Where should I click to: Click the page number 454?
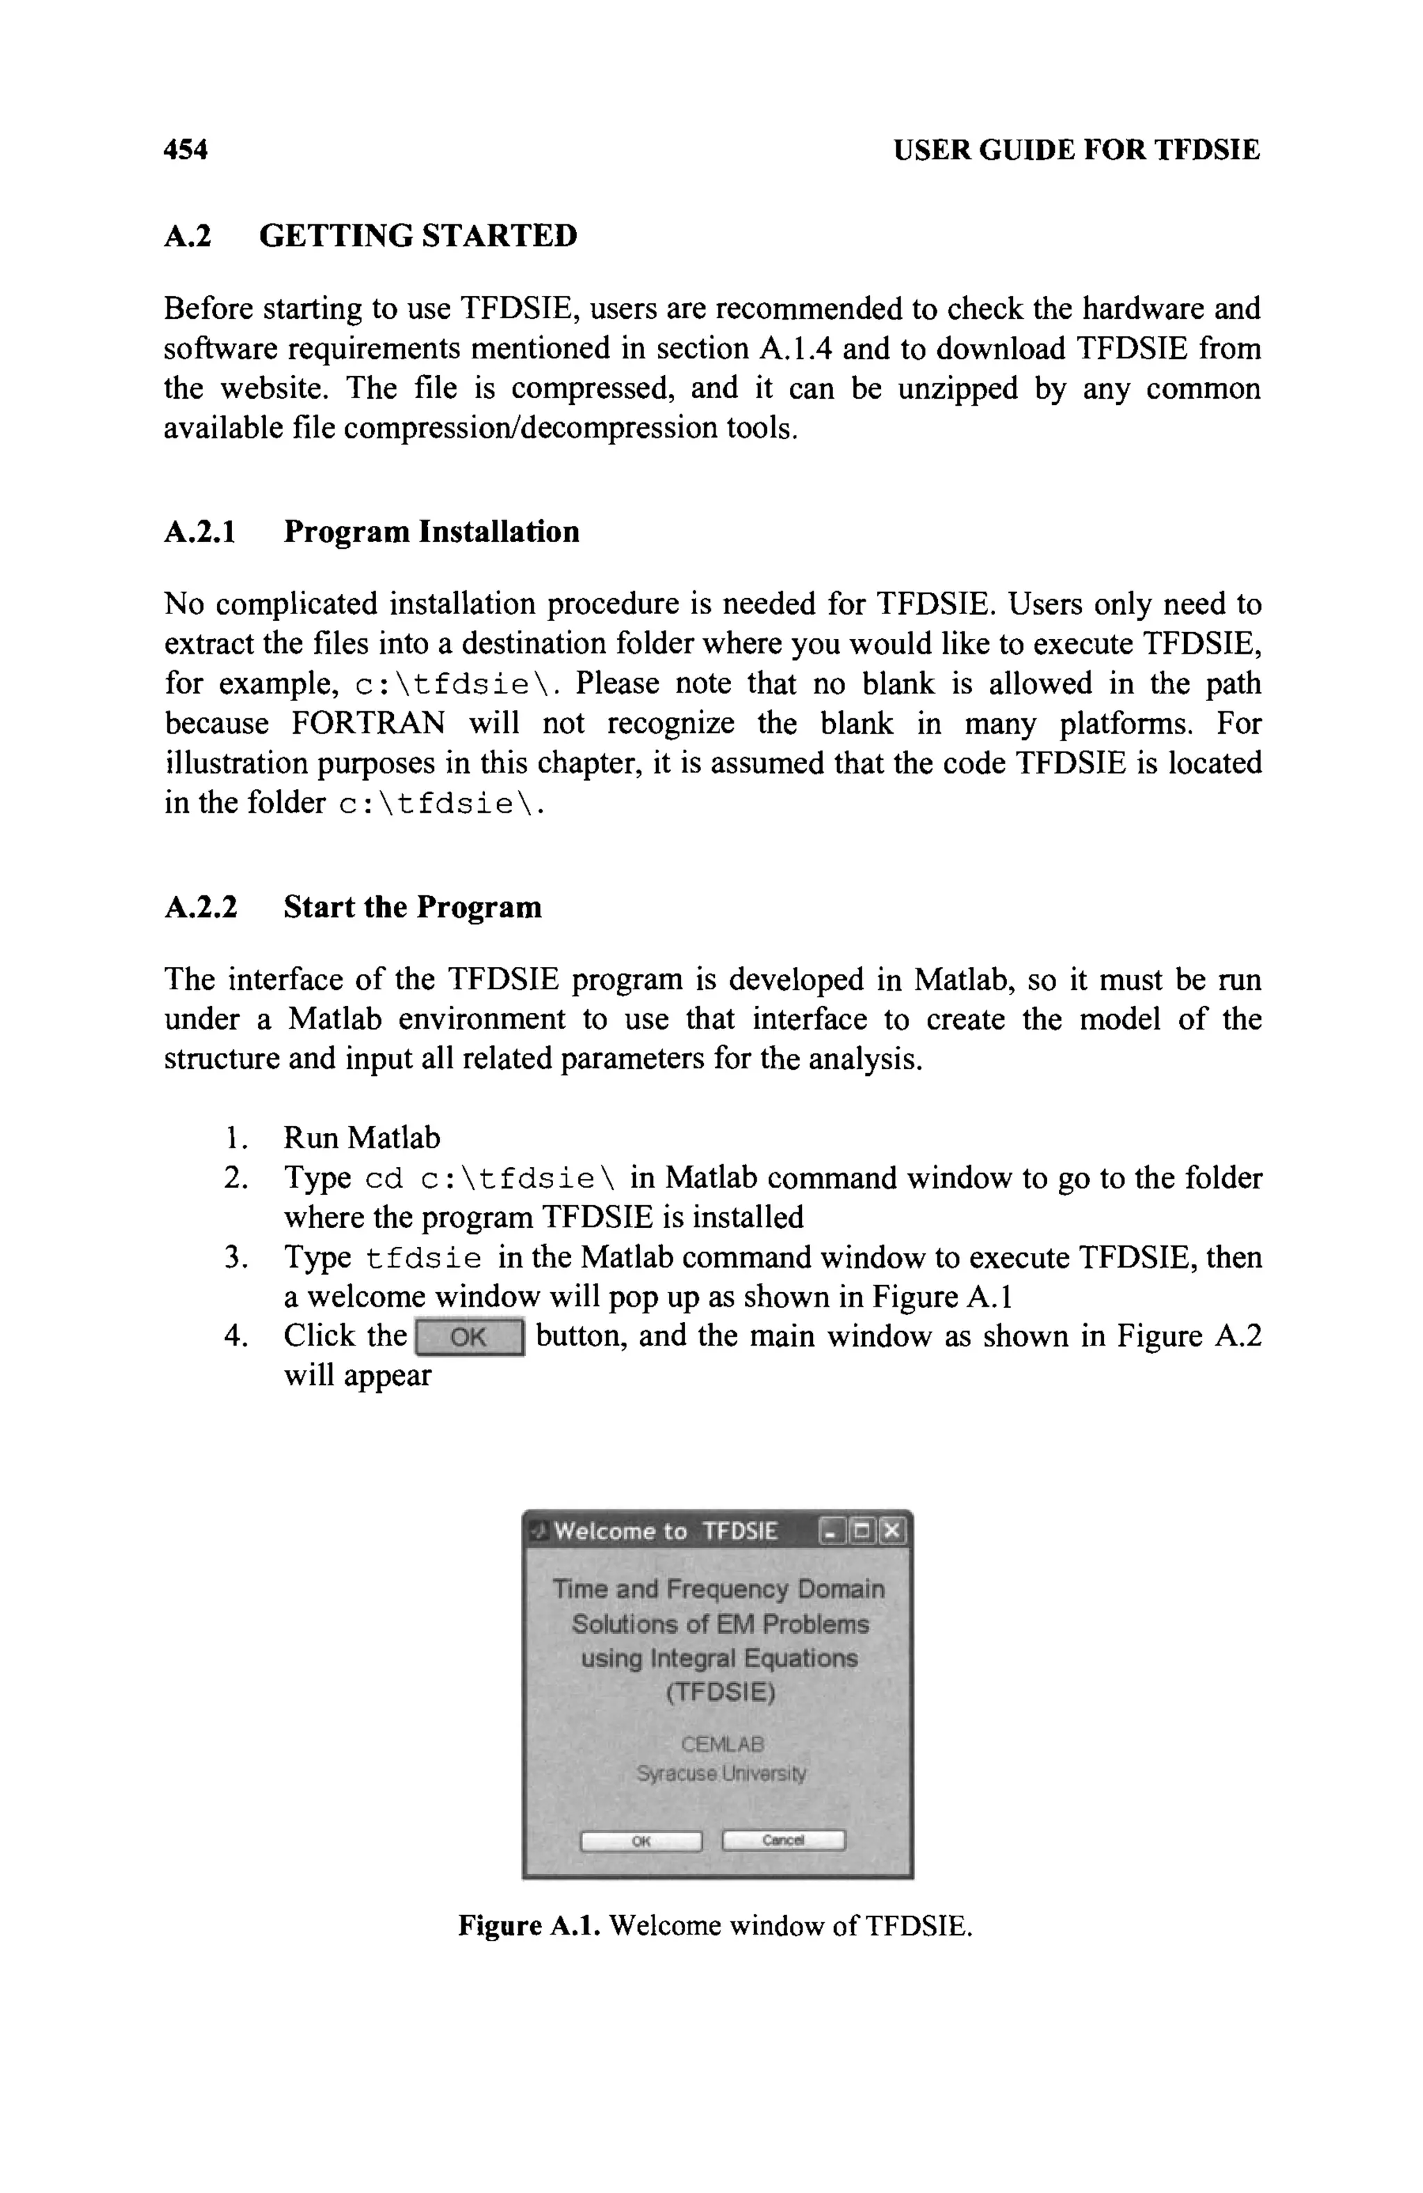(186, 149)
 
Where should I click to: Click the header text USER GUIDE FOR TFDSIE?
(1076, 149)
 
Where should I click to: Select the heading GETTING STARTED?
(418, 236)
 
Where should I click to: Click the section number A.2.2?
(200, 908)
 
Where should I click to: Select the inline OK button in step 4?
(469, 1337)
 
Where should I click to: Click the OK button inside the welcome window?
(641, 1841)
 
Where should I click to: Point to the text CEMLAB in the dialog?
(722, 1744)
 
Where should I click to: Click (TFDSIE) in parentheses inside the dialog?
(720, 1693)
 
